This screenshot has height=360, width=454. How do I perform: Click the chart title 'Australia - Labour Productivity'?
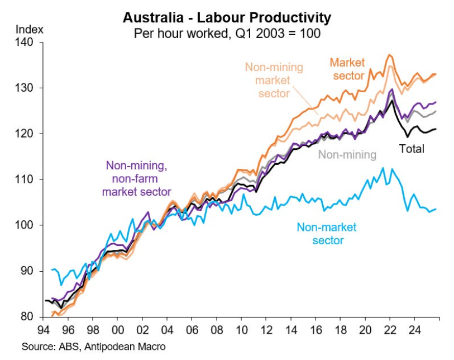(x=227, y=17)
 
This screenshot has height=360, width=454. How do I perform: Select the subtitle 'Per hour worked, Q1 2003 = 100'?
(x=227, y=33)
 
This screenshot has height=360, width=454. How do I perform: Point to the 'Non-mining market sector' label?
(x=274, y=80)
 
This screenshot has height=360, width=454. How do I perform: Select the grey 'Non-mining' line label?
(x=347, y=155)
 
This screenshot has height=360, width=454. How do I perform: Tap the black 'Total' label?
(x=412, y=149)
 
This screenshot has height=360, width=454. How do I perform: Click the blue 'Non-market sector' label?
(x=326, y=234)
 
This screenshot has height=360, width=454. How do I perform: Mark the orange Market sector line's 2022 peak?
(x=389, y=55)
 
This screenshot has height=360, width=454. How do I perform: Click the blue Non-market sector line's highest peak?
(x=383, y=168)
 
